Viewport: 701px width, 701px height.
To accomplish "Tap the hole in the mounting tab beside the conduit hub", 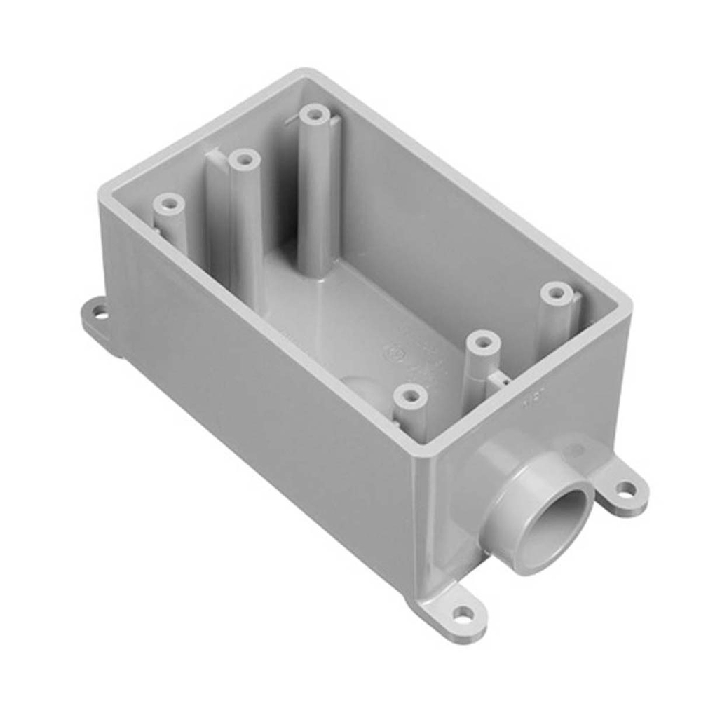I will (x=626, y=489).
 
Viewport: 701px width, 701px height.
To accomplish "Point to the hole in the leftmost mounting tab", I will (x=100, y=313).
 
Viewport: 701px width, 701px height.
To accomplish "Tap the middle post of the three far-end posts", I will (x=244, y=161).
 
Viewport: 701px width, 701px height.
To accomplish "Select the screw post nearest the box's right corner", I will (x=557, y=293).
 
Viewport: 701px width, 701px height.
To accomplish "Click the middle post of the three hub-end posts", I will (x=482, y=343).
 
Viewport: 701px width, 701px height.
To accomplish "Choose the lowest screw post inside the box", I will (x=411, y=397).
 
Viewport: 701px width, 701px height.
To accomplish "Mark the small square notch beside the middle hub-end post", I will (x=499, y=379).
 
